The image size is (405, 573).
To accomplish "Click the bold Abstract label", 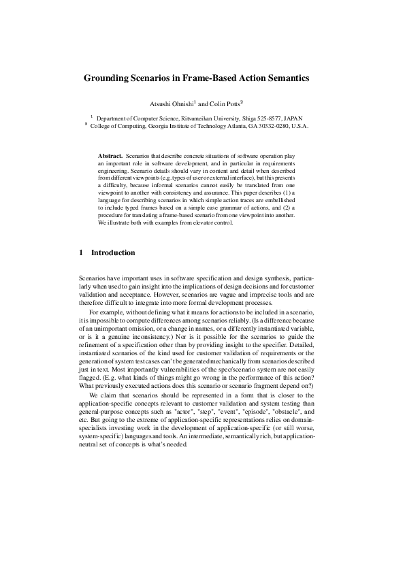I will (x=110, y=157).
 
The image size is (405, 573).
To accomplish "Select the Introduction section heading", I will (x=113, y=252).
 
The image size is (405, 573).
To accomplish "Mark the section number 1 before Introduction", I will (x=82, y=252).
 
